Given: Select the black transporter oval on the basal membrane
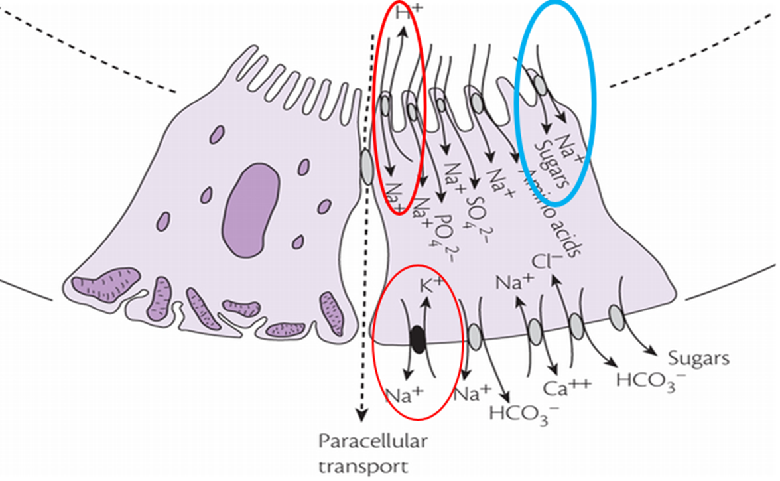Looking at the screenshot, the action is [417, 339].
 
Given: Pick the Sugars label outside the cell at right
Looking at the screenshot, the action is [698, 359].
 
